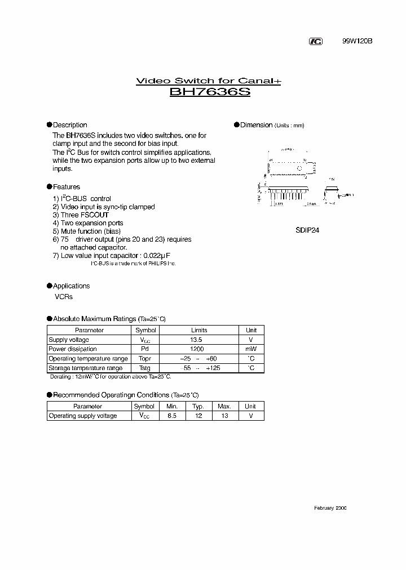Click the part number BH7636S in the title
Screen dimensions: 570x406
tap(210, 92)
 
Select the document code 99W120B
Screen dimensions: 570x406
tap(358, 42)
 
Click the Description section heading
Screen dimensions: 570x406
tap(70, 125)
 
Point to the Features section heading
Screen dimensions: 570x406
tap(67, 187)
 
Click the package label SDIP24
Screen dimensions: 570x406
tap(308, 230)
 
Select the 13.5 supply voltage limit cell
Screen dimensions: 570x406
tap(197, 340)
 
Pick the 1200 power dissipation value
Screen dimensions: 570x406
tap(197, 349)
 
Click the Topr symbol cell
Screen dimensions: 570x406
tap(145, 359)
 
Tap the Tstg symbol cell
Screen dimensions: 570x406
tap(145, 368)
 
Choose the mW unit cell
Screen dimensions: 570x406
tap(251, 349)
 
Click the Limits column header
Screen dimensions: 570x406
tap(199, 331)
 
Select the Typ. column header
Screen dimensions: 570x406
tap(198, 406)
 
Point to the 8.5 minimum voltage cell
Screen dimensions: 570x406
tap(172, 416)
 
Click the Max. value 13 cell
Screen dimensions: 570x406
tap(224, 416)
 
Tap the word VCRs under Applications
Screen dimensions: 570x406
tap(63, 297)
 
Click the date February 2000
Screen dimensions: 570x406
tap(330, 508)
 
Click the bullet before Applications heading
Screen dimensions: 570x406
tap(49, 286)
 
